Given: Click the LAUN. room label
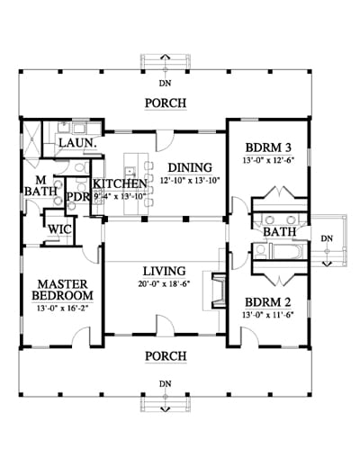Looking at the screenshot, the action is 78,143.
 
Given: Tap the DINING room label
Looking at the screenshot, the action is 190,167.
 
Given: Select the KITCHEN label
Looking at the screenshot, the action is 120,184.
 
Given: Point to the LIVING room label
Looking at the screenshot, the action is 165,271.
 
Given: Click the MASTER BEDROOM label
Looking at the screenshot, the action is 62,290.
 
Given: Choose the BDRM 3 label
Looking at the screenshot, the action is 268,148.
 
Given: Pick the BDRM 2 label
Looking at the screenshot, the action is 268,302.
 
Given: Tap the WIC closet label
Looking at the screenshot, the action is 60,229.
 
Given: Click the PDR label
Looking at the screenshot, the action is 78,197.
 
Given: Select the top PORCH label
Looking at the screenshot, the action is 166,103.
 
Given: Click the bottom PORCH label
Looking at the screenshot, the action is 166,356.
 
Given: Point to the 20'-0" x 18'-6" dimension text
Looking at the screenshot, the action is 165,283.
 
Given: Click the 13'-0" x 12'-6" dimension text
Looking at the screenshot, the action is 268,160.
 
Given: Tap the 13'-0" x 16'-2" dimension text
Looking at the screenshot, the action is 62,308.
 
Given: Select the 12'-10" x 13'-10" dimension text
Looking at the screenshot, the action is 190,181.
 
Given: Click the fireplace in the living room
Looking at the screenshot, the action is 219,291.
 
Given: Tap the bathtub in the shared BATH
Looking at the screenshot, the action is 288,252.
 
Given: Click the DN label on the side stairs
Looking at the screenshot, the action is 327,238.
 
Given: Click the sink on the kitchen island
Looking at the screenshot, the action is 130,171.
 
